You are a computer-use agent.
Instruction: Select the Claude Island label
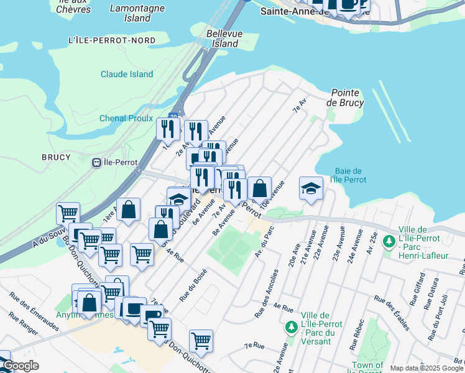[127, 74]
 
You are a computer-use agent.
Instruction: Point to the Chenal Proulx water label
[126, 118]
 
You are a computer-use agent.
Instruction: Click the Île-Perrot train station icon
[96, 163]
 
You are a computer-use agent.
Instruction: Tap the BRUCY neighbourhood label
[56, 157]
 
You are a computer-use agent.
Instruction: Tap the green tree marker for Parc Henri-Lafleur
[389, 240]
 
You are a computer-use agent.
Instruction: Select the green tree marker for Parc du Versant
[290, 326]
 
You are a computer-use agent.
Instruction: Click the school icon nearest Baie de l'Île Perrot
[311, 187]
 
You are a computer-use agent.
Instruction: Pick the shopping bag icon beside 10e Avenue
[259, 187]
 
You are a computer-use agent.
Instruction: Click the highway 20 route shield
[173, 116]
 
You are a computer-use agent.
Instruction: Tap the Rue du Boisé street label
[193, 285]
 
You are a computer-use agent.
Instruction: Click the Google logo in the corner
[21, 366]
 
